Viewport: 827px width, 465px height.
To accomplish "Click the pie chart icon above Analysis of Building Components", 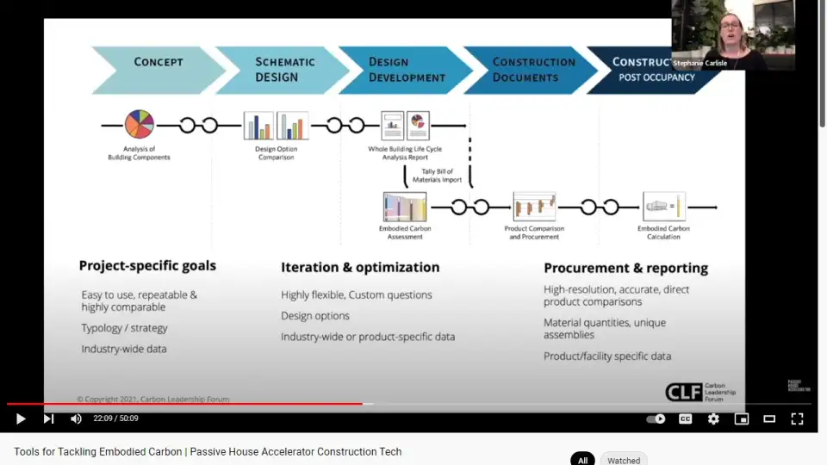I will click(x=139, y=125).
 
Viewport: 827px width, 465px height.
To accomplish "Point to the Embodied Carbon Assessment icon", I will click(x=405, y=207).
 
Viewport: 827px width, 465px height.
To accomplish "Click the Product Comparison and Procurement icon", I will click(x=534, y=207).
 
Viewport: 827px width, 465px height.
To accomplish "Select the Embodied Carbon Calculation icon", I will click(x=663, y=207).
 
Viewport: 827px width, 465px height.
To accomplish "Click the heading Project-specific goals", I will click(x=147, y=266).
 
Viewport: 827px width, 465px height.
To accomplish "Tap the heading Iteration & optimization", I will click(x=360, y=267).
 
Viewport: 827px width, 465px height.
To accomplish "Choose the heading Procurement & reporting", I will click(x=625, y=268).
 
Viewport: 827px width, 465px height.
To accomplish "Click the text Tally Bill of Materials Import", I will click(x=442, y=176).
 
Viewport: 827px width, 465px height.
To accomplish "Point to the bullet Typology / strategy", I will click(x=125, y=328).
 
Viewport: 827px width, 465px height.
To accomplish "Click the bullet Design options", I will click(x=315, y=316).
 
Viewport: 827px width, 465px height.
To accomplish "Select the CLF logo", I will click(x=683, y=392).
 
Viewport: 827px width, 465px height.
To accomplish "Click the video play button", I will click(x=21, y=418).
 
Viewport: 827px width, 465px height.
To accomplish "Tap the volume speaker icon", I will click(x=76, y=418).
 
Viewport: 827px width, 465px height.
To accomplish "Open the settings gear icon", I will click(x=713, y=418).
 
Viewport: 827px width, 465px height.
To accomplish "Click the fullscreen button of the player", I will click(x=797, y=418).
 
